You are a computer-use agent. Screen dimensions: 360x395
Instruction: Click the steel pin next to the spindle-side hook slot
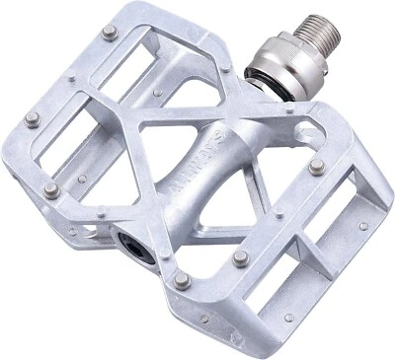coord(315,166)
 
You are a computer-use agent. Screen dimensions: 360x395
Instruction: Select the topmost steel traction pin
coord(107,36)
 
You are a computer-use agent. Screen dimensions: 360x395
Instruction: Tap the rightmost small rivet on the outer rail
coord(363,226)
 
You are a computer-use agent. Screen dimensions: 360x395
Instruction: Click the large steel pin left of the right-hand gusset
coord(240,258)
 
